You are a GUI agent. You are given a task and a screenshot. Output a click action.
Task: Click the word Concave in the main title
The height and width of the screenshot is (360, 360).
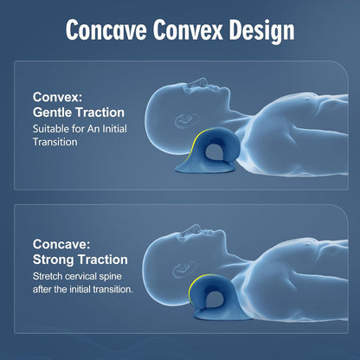106,29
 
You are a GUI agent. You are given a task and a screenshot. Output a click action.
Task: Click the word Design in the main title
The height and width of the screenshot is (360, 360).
261,31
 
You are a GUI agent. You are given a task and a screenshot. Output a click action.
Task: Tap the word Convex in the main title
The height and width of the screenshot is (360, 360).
188,29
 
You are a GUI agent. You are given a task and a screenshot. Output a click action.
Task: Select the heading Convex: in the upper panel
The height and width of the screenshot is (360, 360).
57,97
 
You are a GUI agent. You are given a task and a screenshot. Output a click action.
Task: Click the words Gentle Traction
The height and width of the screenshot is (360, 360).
79,112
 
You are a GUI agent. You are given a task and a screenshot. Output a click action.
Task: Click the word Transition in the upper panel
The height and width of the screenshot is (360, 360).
55,142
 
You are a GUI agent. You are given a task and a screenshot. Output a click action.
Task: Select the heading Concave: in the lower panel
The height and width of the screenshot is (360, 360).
61,244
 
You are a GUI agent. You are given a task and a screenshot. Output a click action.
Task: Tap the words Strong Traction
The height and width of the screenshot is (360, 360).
80,260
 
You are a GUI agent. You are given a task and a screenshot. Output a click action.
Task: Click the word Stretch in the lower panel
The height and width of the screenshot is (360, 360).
48,276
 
